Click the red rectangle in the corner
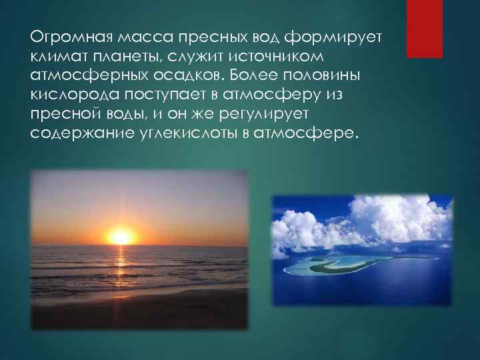coord(425,29)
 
